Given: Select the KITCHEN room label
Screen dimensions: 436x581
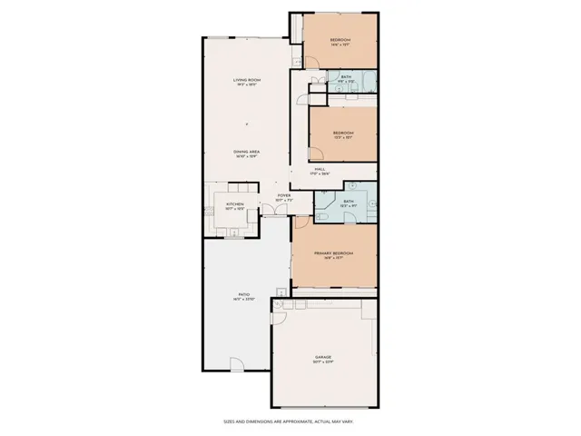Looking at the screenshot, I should pyautogui.click(x=235, y=205).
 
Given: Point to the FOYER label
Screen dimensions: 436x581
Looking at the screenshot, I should pyautogui.click(x=284, y=195).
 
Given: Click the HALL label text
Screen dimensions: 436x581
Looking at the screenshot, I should pyautogui.click(x=320, y=169).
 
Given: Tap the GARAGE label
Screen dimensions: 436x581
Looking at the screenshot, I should pyautogui.click(x=323, y=357).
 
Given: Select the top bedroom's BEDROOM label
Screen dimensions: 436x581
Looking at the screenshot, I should pyautogui.click(x=340, y=40).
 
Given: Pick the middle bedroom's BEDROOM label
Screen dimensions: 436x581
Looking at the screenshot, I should pyautogui.click(x=342, y=133).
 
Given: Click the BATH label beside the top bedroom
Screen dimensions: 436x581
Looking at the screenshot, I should pyautogui.click(x=346, y=77).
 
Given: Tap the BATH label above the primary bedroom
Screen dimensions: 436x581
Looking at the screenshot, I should pyautogui.click(x=349, y=203).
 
